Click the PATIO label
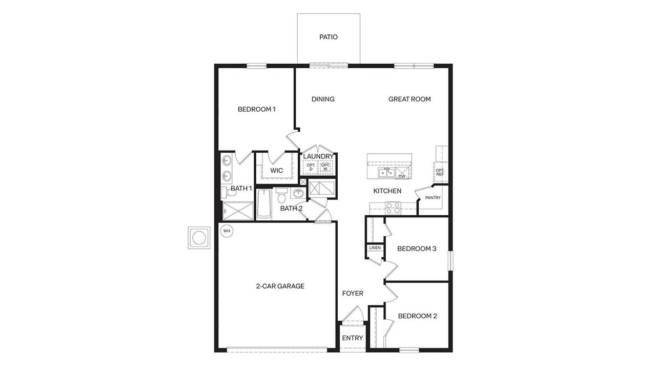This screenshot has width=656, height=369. point(329,37)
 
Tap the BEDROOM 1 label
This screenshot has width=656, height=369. point(257,109)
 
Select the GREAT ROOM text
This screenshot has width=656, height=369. point(409,99)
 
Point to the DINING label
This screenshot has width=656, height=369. point(323,99)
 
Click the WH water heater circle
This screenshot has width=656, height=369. point(227,231)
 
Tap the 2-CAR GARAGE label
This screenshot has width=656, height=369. point(280,286)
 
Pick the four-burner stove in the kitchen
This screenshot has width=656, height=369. point(393,208)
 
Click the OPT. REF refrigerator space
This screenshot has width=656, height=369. point(440,172)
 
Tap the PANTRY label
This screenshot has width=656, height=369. point(433,197)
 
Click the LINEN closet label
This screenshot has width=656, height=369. point(375,248)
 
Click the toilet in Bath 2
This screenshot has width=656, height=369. point(281,196)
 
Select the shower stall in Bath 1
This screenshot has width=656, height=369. point(237,210)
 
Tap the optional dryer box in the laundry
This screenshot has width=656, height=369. point(311,167)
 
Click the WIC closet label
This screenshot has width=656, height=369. point(277,170)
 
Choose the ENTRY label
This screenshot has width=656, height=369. point(353,338)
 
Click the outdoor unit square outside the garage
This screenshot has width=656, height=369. point(198,237)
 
